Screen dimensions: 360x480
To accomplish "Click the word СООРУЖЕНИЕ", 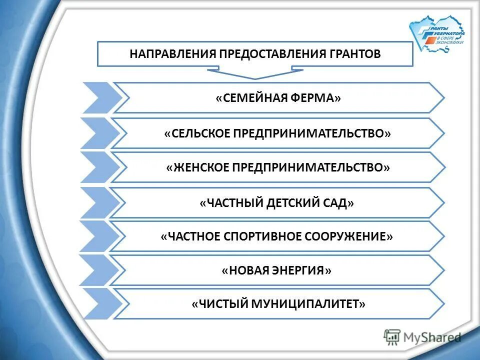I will click(x=352, y=236).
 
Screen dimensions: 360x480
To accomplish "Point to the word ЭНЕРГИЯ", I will click(x=303, y=270).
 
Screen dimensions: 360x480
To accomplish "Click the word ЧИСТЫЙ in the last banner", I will click(x=218, y=303).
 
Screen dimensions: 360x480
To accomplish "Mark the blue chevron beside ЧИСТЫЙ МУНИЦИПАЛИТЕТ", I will click(x=97, y=303).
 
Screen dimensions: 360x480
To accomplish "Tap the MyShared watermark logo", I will click(x=422, y=337).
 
